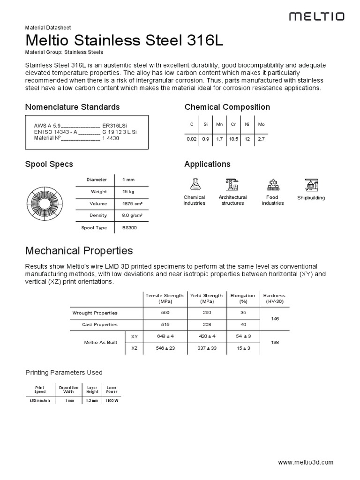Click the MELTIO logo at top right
(x=316, y=17)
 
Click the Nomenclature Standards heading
(x=72, y=107)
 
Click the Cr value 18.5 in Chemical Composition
(x=233, y=139)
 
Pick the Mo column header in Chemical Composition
(x=262, y=124)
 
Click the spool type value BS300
(x=129, y=228)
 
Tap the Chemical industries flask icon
(x=194, y=184)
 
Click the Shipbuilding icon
(x=311, y=185)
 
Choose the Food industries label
(x=272, y=200)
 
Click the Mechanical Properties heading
(x=79, y=250)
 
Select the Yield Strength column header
(x=206, y=298)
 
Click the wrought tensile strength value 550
(x=165, y=313)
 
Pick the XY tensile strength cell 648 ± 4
(x=165, y=337)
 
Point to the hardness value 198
(x=275, y=343)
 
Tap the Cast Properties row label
(x=100, y=325)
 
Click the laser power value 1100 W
(x=112, y=401)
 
